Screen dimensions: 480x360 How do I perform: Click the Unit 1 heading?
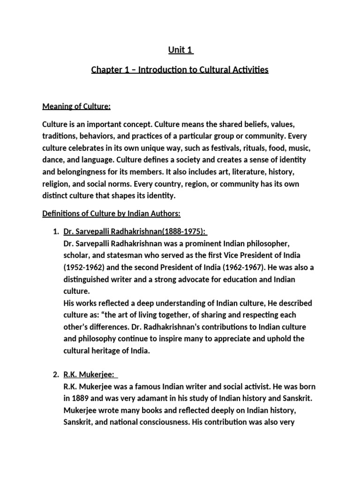(x=180, y=50)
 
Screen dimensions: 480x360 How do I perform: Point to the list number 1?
(x=55, y=231)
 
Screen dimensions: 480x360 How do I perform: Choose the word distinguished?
(x=86, y=280)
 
